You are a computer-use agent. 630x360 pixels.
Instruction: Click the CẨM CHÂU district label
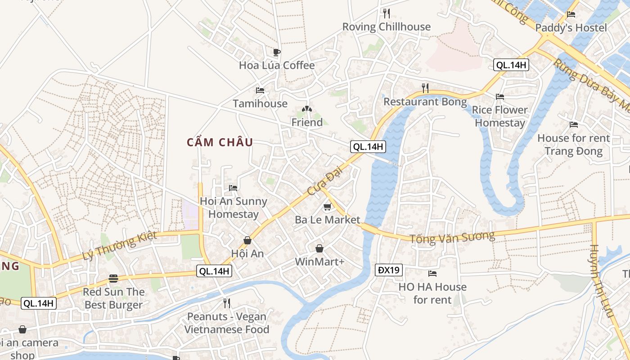[220, 143]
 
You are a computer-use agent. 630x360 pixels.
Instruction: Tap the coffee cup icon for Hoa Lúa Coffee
[277, 52]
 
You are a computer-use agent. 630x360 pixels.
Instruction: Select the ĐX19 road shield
[389, 270]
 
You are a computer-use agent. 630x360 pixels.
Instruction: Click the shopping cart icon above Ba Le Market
[327, 207]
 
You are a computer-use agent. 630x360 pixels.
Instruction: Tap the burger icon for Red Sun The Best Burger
[113, 279]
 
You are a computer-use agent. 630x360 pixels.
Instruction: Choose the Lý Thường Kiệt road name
[120, 246]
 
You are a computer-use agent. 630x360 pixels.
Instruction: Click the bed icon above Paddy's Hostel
[571, 14]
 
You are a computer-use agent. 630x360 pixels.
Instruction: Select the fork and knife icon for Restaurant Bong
[425, 88]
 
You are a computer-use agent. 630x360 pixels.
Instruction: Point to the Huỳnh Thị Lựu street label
[603, 281]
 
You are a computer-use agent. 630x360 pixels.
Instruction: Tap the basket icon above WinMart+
[319, 248]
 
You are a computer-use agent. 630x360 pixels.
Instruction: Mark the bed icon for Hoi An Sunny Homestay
[233, 188]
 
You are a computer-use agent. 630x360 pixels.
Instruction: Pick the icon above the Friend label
[306, 109]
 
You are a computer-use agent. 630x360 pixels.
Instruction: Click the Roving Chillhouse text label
[386, 27]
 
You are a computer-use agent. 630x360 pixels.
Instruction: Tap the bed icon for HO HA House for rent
[432, 273]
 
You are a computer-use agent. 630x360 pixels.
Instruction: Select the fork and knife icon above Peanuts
[227, 303]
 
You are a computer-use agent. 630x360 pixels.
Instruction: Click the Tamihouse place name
[260, 103]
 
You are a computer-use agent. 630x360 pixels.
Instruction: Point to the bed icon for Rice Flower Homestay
[499, 97]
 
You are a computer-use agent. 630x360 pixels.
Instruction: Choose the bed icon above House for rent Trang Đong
[573, 125]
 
